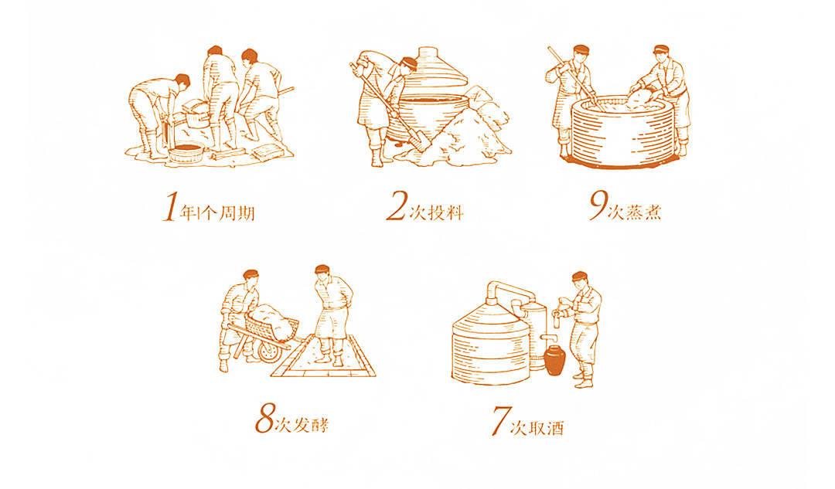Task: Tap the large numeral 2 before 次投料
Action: click(x=397, y=206)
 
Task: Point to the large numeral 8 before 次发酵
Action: click(x=265, y=418)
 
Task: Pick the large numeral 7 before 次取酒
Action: click(x=500, y=421)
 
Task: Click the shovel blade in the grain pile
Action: click(x=420, y=141)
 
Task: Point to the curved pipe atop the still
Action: click(x=510, y=290)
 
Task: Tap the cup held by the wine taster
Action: click(x=557, y=319)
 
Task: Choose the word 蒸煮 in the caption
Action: click(x=643, y=212)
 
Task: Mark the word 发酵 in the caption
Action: click(x=311, y=425)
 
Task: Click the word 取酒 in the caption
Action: click(x=545, y=428)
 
